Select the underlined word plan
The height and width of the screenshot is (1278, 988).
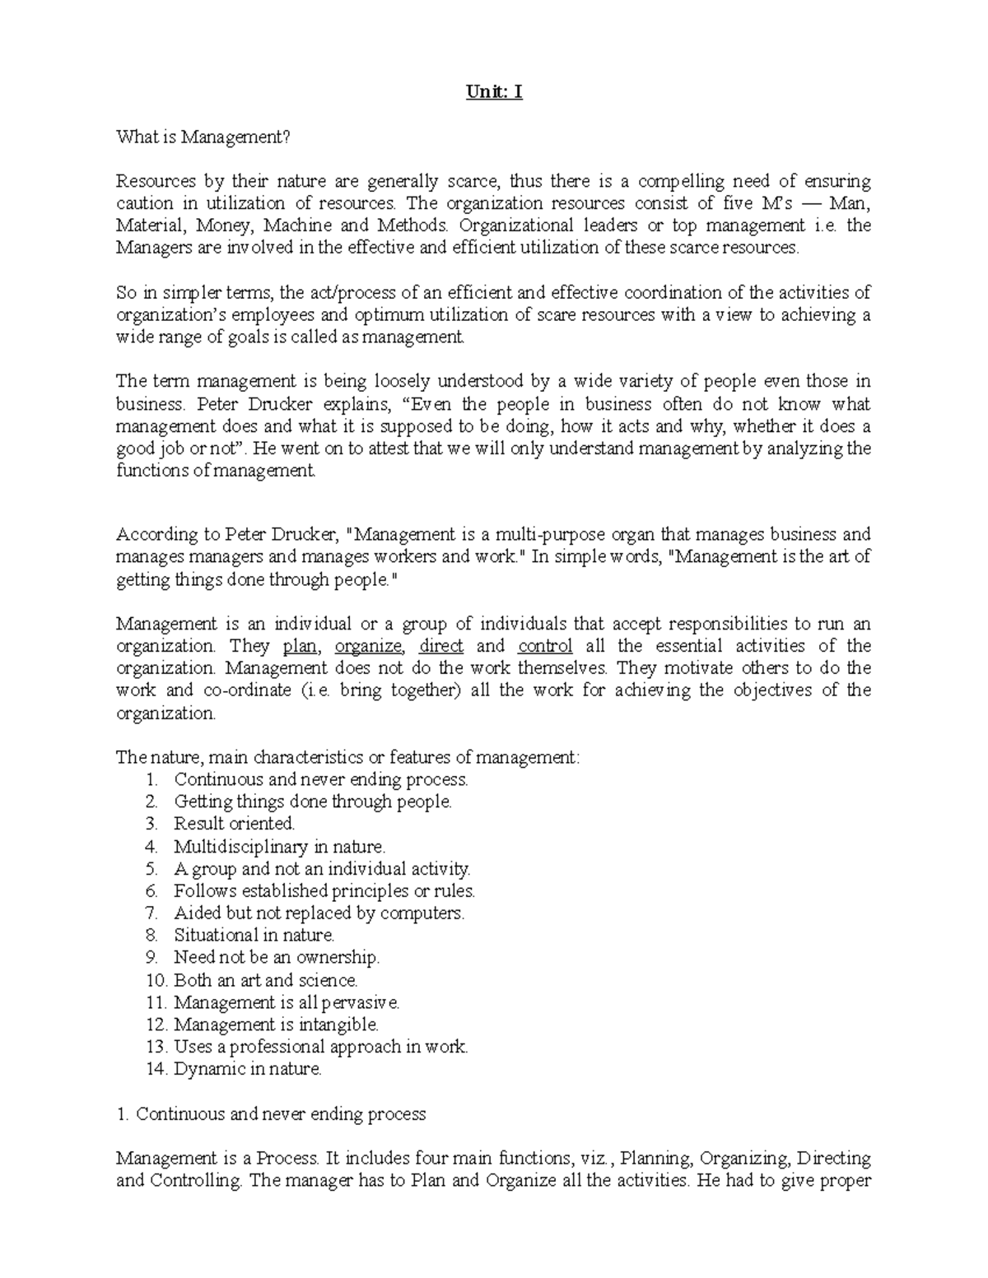(300, 646)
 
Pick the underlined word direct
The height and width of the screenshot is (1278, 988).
(441, 646)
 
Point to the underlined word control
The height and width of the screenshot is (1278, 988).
(545, 646)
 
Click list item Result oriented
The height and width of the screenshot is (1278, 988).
(234, 824)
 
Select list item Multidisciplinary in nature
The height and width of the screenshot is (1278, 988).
(279, 846)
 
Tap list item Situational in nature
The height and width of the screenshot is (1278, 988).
(254, 935)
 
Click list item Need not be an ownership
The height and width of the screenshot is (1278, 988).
(277, 957)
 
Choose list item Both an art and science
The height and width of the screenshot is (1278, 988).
(265, 980)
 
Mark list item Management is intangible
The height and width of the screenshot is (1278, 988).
(276, 1025)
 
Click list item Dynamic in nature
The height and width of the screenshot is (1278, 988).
(247, 1069)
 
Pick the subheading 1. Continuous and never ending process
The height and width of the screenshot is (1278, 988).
(272, 1114)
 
